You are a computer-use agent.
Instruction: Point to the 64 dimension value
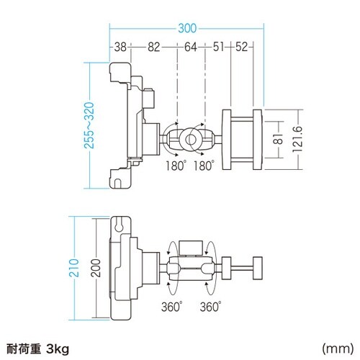[x=191, y=47]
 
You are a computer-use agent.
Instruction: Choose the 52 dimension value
[x=243, y=47]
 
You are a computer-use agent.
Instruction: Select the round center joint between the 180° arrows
[x=191, y=137]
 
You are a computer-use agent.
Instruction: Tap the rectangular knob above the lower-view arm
[x=191, y=247]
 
